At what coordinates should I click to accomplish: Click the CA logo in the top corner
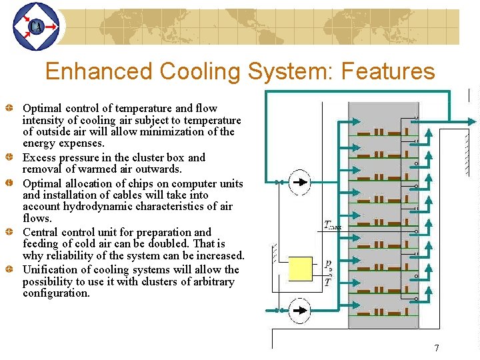(x=36, y=27)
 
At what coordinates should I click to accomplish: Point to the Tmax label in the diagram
(x=333, y=225)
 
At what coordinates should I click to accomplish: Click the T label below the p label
(x=327, y=282)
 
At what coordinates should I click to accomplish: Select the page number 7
(x=437, y=348)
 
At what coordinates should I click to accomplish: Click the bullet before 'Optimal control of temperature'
(x=10, y=108)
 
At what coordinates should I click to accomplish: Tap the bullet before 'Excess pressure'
(x=10, y=158)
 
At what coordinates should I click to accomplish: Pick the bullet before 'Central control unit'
(x=10, y=233)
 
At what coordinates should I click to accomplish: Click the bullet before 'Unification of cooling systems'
(x=10, y=270)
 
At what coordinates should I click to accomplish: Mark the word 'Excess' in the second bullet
(x=39, y=158)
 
